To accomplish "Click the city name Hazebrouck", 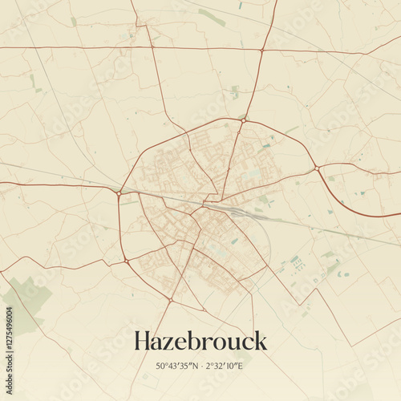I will (200, 341).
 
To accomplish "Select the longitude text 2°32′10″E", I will (225, 367).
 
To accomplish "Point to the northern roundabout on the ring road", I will (244, 119).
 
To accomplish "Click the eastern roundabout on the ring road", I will (318, 168).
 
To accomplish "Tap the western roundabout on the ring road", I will (119, 192).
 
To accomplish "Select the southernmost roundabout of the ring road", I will (170, 301).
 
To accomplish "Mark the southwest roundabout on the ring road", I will (126, 261).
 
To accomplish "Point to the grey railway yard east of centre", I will (241, 213).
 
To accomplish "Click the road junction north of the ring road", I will (261, 51).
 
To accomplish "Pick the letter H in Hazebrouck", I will (143, 341).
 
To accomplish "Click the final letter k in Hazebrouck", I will (261, 341).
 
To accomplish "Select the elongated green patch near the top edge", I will (212, 17).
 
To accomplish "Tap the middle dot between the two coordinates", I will (200, 367).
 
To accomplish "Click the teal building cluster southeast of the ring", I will (297, 261).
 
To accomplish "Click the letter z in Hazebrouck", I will (169, 343).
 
